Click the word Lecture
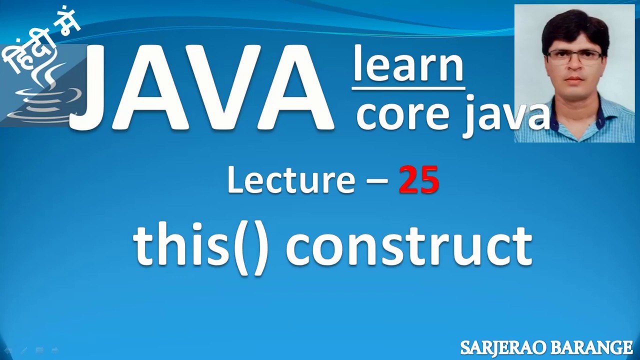291,180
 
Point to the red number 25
419,180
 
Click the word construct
408,246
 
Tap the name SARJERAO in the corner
501,347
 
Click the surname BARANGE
590,347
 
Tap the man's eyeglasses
575,56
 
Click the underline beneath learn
408,88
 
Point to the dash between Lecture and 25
377,180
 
